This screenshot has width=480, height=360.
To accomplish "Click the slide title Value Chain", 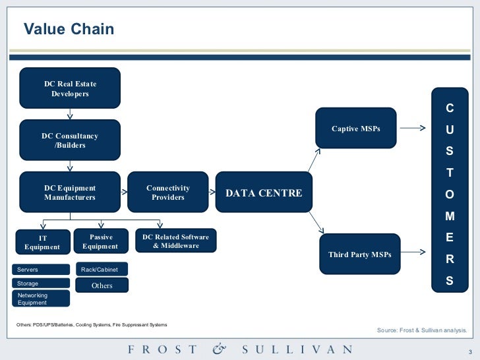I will point(69,30).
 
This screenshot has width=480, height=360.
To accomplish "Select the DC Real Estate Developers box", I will point(70,88).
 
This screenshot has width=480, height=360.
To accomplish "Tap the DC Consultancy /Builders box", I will point(70,140).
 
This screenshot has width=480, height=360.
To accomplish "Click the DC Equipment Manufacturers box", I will point(70,193).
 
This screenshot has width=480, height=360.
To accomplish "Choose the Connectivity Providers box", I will point(167,193).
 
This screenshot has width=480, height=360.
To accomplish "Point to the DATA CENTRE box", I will point(264,193).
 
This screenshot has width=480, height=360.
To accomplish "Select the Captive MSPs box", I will point(356,129).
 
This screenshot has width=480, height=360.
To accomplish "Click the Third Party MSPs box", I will point(359,255).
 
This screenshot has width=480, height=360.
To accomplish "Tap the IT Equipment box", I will point(42,242).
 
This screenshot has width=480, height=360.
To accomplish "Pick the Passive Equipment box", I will point(101,241).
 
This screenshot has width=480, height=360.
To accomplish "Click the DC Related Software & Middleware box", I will point(175,241).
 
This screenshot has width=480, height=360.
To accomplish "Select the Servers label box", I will point(42,270).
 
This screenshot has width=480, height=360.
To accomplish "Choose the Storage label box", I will point(42,284).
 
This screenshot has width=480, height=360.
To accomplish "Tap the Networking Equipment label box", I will point(42,299).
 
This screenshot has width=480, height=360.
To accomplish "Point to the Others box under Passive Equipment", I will point(102,285).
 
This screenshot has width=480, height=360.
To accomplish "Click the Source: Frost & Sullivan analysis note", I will point(421,329).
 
